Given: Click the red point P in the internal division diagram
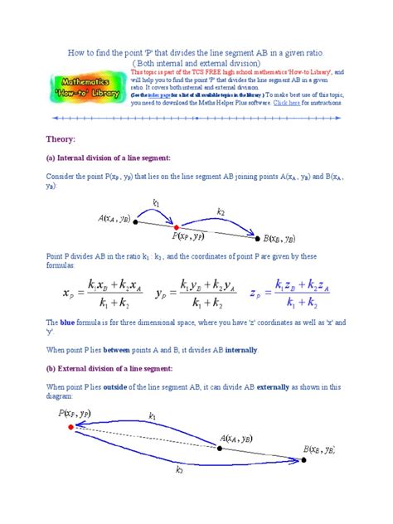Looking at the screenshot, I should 176,226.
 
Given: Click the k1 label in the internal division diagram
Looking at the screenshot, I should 156,202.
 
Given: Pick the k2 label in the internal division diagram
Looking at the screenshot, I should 221,213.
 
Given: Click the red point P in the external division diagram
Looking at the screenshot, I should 70,427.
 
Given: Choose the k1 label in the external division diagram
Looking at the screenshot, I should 152,417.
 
